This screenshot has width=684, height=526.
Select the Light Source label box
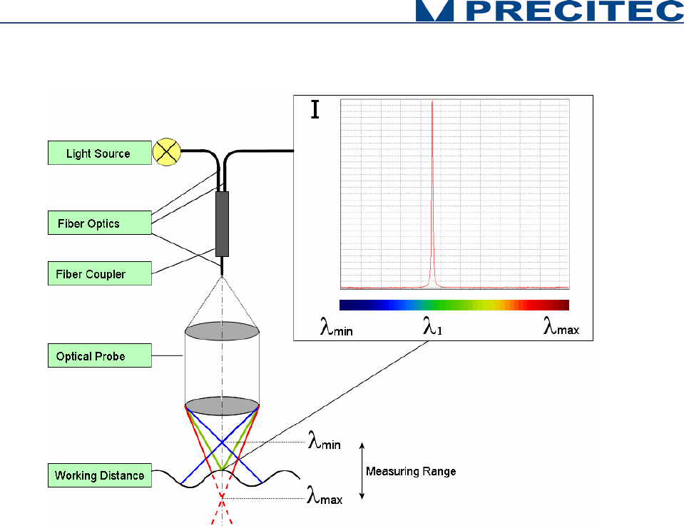[99, 153]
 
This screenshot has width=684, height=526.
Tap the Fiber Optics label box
[99, 223]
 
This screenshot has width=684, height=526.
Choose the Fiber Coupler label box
[99, 274]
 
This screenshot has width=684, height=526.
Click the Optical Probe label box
[99, 356]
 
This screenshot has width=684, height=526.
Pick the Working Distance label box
[99, 475]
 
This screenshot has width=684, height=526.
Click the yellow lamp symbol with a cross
[167, 152]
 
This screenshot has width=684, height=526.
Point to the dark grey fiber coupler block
[222, 223]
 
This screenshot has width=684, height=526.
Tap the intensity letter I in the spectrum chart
[315, 110]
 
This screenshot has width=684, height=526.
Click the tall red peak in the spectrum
[432, 193]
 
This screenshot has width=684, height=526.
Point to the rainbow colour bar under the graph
[454, 305]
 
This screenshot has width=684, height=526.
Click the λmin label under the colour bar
[336, 328]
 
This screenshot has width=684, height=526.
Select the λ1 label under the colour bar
[432, 328]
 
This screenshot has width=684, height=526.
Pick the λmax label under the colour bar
[561, 328]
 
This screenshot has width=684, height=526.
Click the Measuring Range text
[411, 471]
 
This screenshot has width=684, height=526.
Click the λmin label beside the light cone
[324, 443]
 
